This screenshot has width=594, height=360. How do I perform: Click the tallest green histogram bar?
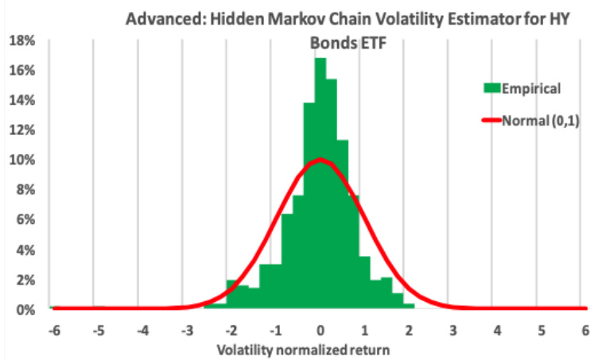320,183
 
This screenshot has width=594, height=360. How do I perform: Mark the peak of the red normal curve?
320,159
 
